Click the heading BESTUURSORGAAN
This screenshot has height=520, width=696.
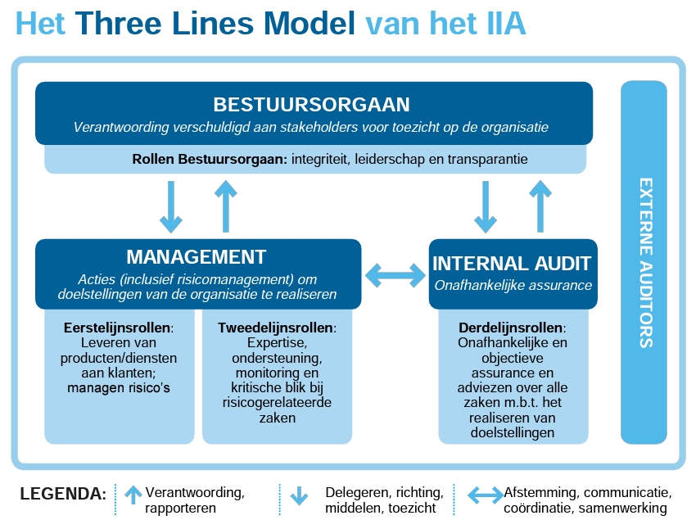[311, 105]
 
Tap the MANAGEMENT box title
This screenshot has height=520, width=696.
[197, 256]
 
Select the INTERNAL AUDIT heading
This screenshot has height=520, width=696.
[512, 263]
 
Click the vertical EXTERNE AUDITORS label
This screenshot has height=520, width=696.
[645, 262]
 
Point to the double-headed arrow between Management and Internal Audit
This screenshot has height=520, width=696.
[395, 274]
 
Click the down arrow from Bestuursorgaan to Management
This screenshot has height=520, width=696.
[171, 206]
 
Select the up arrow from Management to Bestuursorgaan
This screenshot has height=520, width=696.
[225, 206]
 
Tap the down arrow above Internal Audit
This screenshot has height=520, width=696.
[486, 206]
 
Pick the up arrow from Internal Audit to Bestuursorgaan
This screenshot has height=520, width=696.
[539, 206]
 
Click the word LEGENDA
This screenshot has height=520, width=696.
[63, 495]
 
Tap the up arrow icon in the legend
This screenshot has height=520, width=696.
[133, 495]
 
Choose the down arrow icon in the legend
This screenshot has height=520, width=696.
[299, 495]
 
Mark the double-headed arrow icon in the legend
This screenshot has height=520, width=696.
[485, 495]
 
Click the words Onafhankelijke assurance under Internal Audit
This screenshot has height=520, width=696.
[512, 286]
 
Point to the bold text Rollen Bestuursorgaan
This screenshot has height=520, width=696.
[209, 159]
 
